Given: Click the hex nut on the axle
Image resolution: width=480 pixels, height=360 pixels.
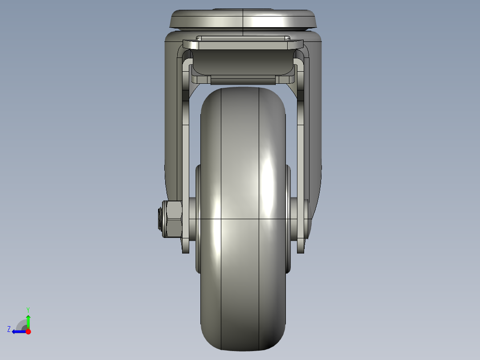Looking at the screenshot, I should pyautogui.click(x=173, y=219).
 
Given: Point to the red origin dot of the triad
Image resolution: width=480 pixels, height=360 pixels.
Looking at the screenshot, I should pyautogui.click(x=28, y=331).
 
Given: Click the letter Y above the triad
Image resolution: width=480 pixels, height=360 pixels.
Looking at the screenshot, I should pyautogui.click(x=28, y=309).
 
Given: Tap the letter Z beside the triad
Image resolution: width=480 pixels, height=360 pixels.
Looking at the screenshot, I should pyautogui.click(x=9, y=329).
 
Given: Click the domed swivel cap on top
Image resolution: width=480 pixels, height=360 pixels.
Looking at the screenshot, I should pyautogui.click(x=243, y=19).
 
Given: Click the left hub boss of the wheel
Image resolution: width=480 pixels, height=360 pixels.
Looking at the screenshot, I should pyautogui.click(x=198, y=218).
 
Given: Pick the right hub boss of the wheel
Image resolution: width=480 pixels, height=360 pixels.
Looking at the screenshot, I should pyautogui.click(x=288, y=218).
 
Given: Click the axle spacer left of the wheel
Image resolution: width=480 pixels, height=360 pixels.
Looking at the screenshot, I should pyautogui.click(x=192, y=219).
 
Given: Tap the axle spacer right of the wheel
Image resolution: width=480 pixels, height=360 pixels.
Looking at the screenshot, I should pyautogui.click(x=294, y=219).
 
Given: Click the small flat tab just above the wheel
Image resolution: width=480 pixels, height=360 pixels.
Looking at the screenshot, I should pyautogui.click(x=243, y=81).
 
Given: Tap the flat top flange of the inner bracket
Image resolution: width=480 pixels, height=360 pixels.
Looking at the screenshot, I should pyautogui.click(x=243, y=45).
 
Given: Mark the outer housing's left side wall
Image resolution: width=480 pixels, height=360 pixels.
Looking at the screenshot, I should pyautogui.click(x=171, y=134).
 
